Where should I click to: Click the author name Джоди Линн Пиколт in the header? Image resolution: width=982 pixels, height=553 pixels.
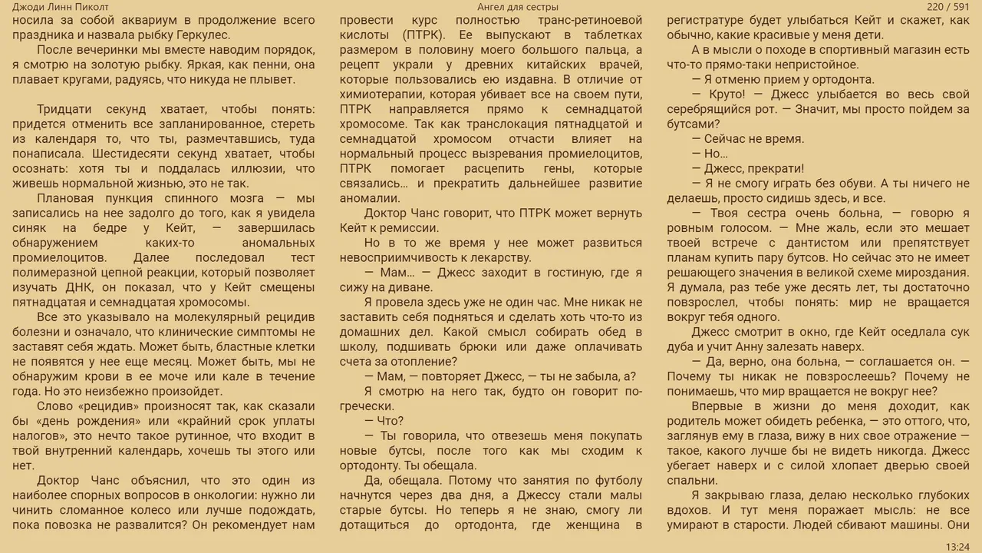61,7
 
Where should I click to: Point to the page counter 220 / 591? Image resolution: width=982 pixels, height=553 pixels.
948,7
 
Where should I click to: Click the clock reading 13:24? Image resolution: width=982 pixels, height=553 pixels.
957,547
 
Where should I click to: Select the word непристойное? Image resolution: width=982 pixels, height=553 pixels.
820,65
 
